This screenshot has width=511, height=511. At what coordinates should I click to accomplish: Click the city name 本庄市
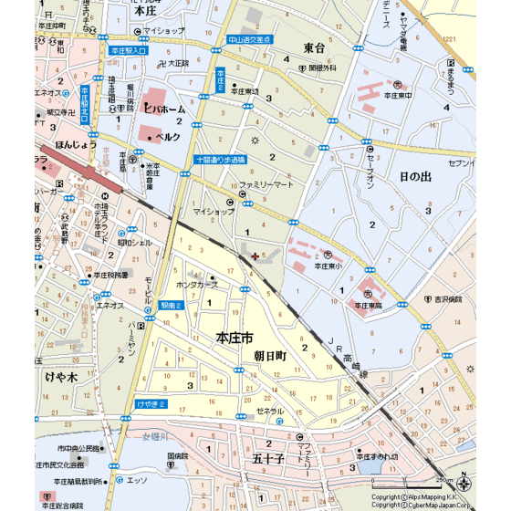235,338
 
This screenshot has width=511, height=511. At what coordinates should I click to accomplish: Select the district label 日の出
415,176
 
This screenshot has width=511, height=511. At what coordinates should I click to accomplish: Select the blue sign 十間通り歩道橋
221,159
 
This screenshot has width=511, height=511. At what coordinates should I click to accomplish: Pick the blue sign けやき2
150,402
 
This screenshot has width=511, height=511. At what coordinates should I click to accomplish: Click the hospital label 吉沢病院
454,298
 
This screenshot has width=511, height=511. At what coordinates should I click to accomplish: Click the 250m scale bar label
444,482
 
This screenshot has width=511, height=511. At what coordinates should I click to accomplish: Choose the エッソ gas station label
137,478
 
